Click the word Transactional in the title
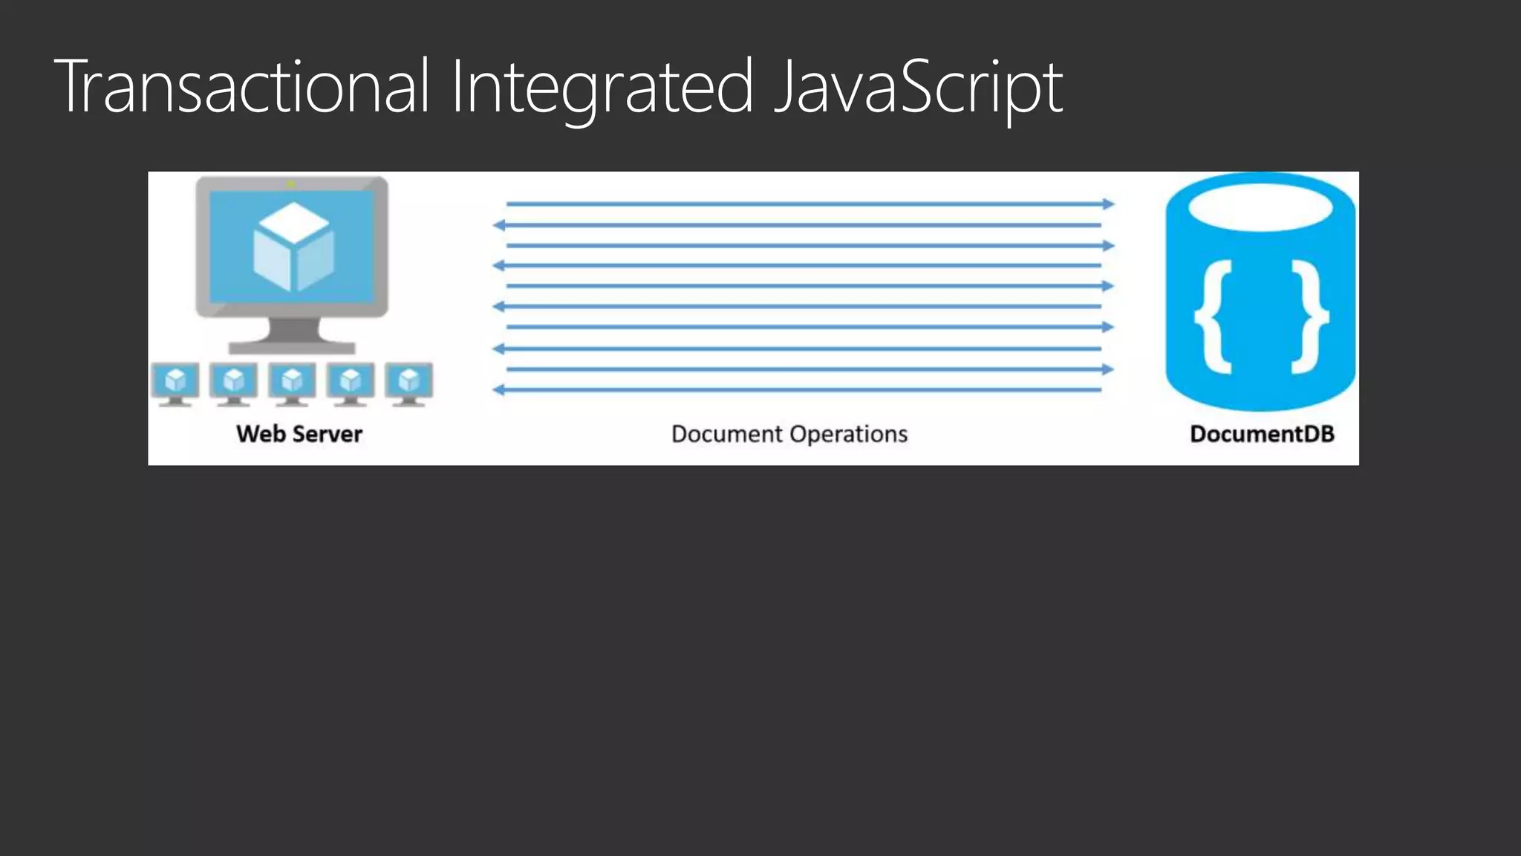click(x=241, y=87)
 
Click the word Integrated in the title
click(x=602, y=87)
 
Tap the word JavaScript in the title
click(x=918, y=87)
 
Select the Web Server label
click(x=299, y=434)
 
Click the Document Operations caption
click(x=789, y=434)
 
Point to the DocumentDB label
click(x=1262, y=434)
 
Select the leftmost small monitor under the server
click(x=175, y=383)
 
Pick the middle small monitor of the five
click(x=292, y=383)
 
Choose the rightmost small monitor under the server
click(x=409, y=383)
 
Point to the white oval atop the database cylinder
click(x=1260, y=207)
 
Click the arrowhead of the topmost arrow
click(x=1109, y=204)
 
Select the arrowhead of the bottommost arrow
click(x=499, y=390)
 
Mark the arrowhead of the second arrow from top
click(x=499, y=224)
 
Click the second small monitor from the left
click(x=234, y=383)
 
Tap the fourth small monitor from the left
click(x=351, y=383)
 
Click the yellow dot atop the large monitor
click(x=291, y=184)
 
